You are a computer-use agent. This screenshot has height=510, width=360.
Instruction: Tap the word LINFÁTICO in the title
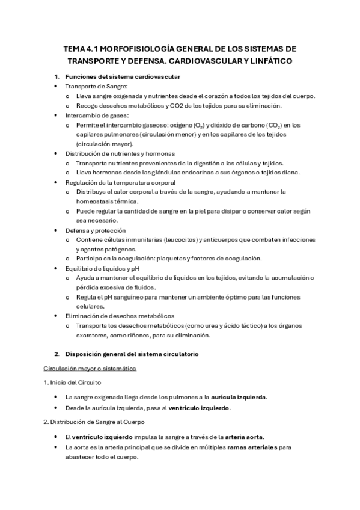tap(267, 61)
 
